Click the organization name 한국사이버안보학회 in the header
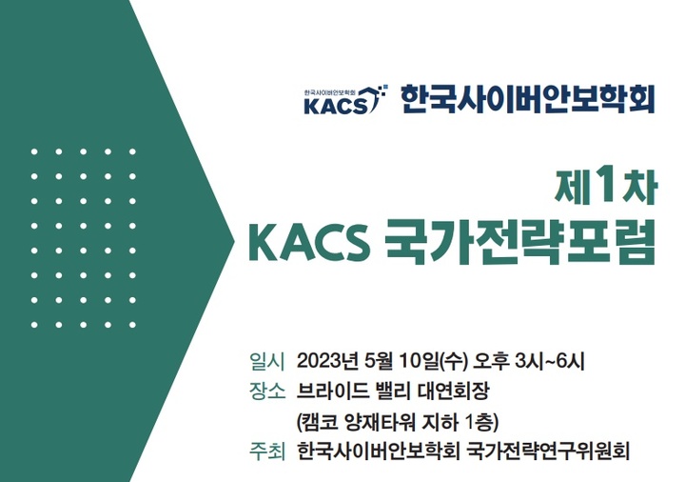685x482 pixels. [528, 98]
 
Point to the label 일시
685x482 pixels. [266, 361]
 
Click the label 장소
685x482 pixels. [266, 391]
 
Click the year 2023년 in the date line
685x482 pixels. [328, 361]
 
